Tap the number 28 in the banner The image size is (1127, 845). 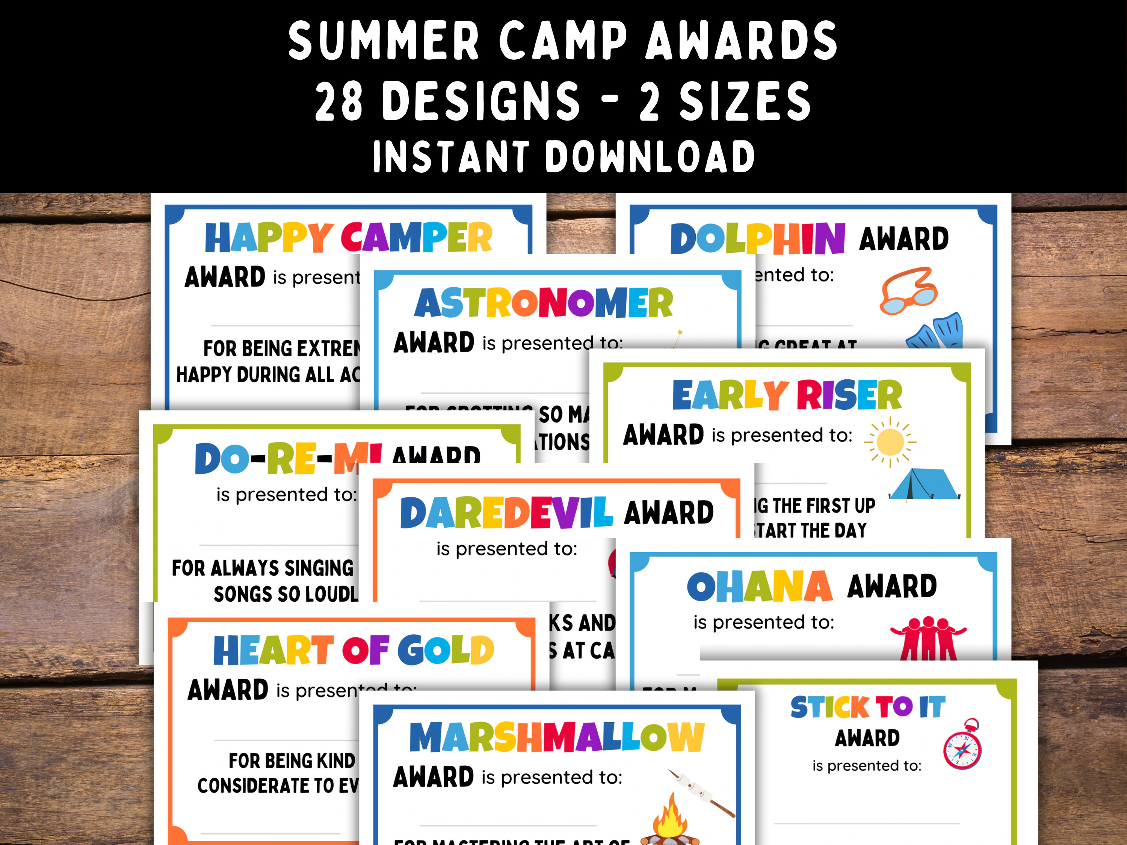click(x=338, y=101)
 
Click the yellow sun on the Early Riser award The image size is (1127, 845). click(x=890, y=442)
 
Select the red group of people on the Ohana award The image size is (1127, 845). click(x=928, y=639)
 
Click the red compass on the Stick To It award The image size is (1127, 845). click(x=962, y=745)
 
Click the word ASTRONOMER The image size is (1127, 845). click(x=544, y=303)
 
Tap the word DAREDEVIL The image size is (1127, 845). click(x=506, y=513)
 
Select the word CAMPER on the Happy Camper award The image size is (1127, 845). click(x=416, y=237)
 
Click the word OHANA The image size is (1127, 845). click(x=759, y=587)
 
